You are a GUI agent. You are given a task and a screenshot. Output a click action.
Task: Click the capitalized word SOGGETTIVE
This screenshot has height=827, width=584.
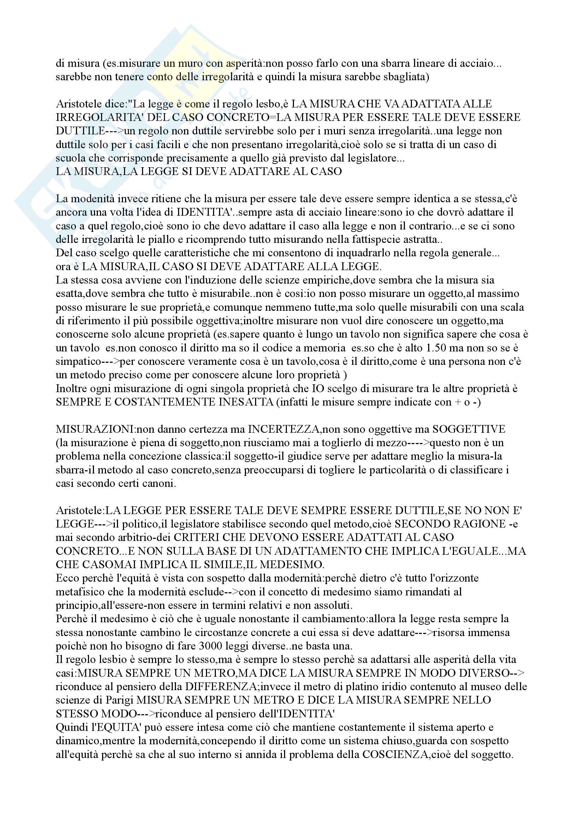click(469, 429)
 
